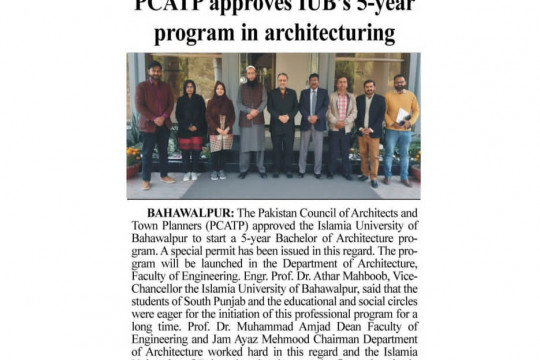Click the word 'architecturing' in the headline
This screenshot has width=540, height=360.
click(318, 35)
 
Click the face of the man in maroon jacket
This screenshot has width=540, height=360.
click(156, 71)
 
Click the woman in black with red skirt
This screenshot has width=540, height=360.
click(190, 125)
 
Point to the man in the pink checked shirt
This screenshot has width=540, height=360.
click(341, 120)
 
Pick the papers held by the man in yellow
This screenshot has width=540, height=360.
click(403, 119)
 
